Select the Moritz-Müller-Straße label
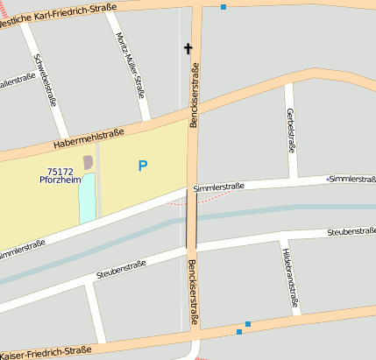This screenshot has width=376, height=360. pyautogui.click(x=130, y=63)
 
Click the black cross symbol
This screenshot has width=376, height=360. pyautogui.click(x=188, y=48)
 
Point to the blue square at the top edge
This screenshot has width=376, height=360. pyautogui.click(x=223, y=7)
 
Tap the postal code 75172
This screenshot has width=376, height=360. pyautogui.click(x=60, y=172)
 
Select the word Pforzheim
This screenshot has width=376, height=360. pyautogui.click(x=60, y=180)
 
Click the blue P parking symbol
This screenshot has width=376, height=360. pyautogui.click(x=143, y=166)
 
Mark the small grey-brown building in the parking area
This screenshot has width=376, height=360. pyautogui.click(x=88, y=162)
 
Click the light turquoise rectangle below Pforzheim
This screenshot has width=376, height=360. pyautogui.click(x=87, y=197)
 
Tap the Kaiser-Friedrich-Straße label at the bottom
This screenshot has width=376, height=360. pyautogui.click(x=46, y=351)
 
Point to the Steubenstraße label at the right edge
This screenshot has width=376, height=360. pyautogui.click(x=351, y=232)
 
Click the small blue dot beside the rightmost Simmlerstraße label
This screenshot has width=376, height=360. pyautogui.click(x=328, y=180)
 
